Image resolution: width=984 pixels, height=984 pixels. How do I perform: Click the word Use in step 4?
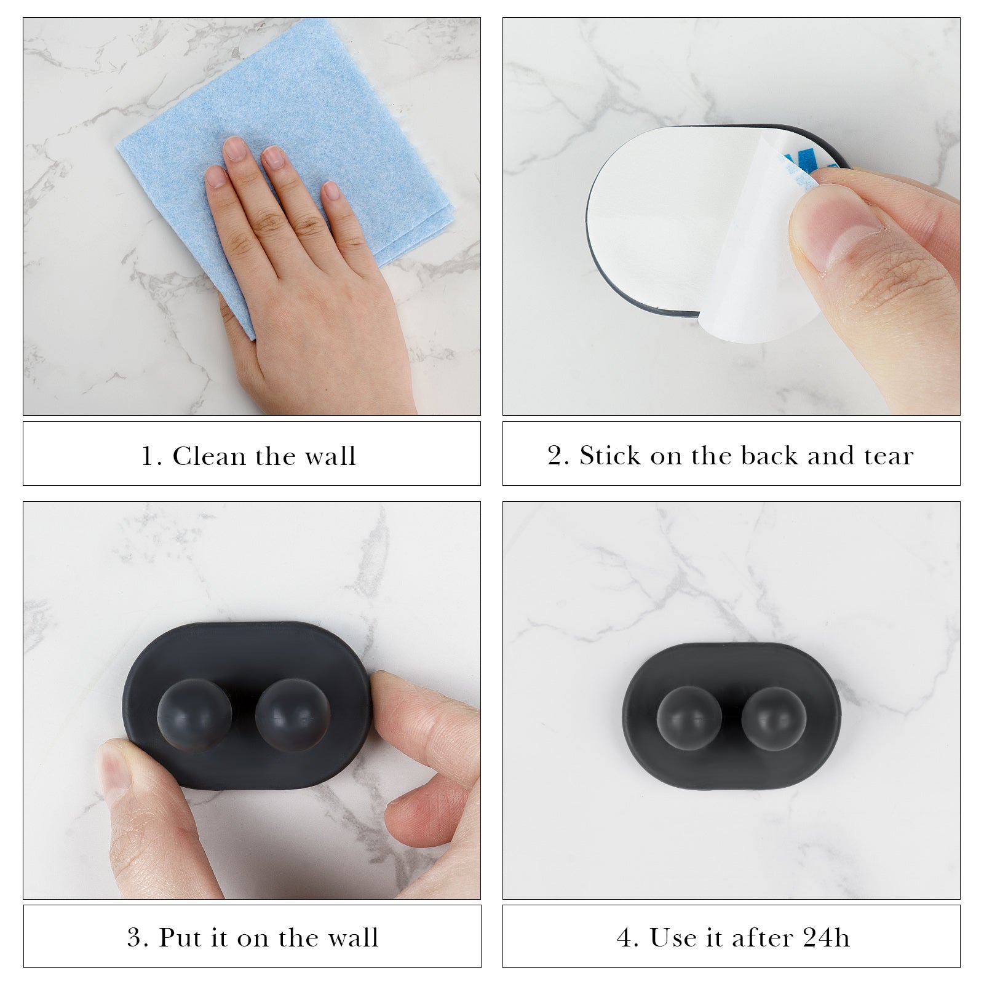[669, 938]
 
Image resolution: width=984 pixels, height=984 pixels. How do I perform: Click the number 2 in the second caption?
[555, 456]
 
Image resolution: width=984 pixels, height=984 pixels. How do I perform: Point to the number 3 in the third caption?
[135, 938]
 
